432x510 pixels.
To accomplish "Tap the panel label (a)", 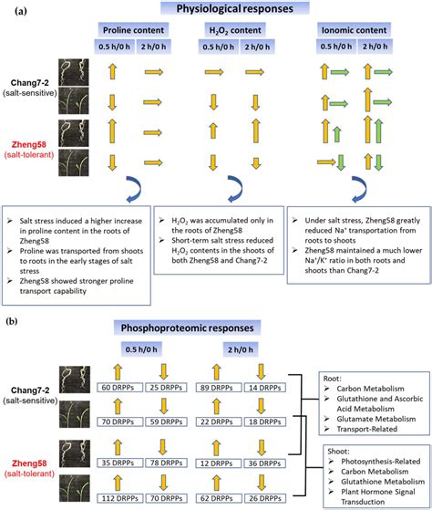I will (x=11, y=8).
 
